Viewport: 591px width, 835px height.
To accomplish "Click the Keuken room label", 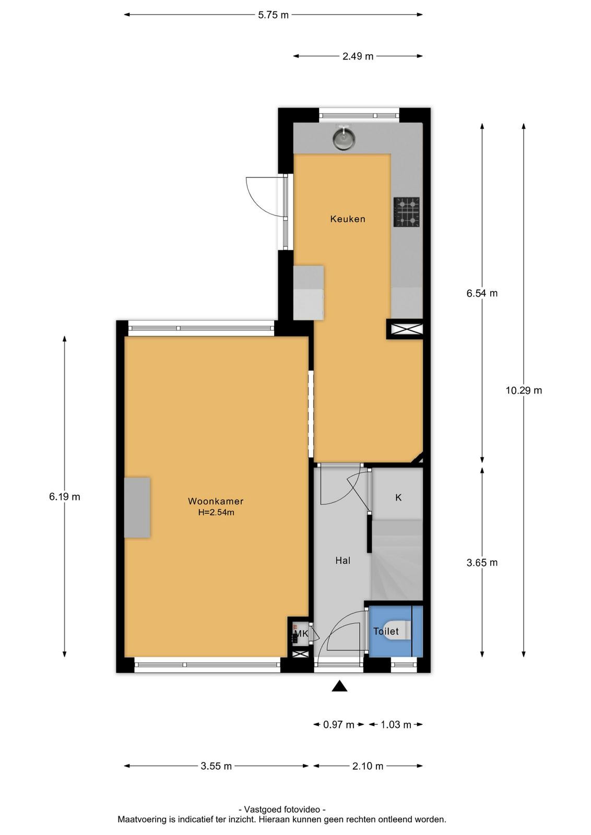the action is click(x=348, y=219).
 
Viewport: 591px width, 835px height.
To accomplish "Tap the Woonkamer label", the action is click(x=216, y=501).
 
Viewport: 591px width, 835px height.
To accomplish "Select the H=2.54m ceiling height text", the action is click(x=216, y=512).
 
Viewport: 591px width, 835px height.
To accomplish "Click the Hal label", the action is click(x=342, y=560).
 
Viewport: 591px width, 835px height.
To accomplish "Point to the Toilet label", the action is click(x=386, y=631).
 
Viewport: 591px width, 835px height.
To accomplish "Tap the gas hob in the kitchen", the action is click(x=407, y=212).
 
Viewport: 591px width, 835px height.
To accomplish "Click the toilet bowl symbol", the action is click(x=398, y=631).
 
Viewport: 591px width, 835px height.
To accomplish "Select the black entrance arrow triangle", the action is click(x=339, y=686).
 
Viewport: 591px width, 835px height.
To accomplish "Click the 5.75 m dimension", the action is click(x=274, y=15).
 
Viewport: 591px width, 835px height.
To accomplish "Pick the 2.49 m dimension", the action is click(x=358, y=56).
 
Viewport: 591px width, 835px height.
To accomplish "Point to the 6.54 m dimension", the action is click(x=482, y=293).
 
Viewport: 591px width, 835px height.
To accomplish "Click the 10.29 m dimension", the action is click(x=524, y=390).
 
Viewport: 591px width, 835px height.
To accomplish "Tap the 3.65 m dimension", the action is click(x=482, y=563).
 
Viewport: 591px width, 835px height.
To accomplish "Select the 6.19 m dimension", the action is click(x=65, y=497).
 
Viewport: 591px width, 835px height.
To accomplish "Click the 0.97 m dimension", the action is click(x=338, y=725).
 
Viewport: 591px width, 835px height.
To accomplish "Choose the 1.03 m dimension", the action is click(x=396, y=725).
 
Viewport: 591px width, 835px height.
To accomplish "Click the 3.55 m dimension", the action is click(x=216, y=766).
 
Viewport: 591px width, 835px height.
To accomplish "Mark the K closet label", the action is click(x=398, y=498).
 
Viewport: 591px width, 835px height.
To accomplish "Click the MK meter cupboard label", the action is click(x=301, y=634).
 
